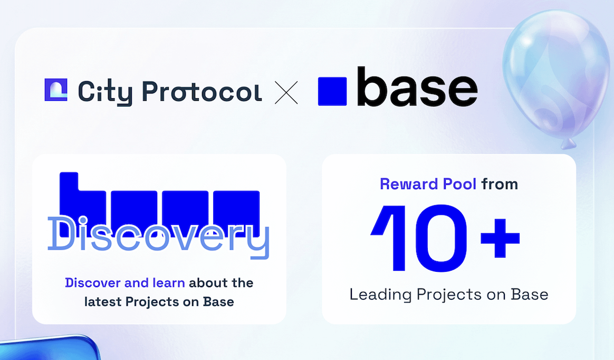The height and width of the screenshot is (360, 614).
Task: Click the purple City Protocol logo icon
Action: (56, 89)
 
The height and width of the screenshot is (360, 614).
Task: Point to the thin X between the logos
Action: (287, 92)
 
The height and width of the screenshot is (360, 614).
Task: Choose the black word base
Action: (417, 87)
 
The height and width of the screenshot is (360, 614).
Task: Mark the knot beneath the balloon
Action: (569, 144)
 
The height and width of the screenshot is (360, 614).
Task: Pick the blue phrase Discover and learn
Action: (125, 283)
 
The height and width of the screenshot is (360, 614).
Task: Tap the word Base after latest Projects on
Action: (220, 302)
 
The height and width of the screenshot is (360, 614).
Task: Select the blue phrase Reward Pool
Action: (428, 184)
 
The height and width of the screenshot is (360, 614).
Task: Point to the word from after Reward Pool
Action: (500, 184)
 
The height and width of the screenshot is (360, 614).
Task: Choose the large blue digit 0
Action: (443, 235)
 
